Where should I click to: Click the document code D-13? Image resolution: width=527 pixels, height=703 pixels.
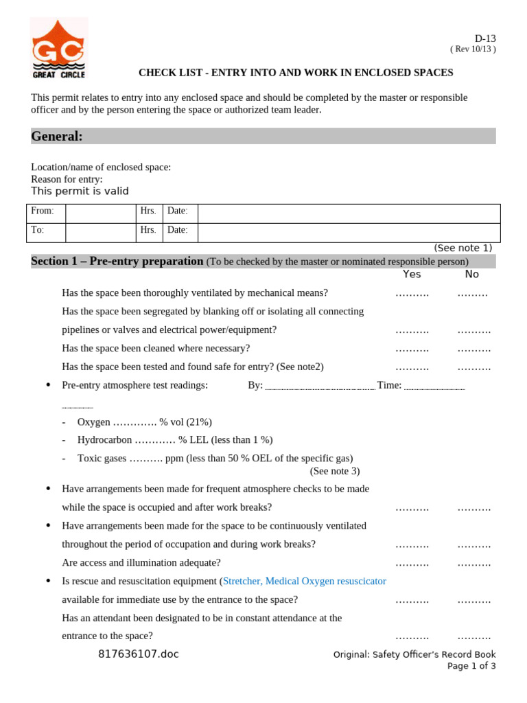pos(484,38)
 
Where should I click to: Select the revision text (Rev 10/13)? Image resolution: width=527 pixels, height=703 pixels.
pos(473,49)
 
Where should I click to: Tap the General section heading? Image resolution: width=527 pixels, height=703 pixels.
pos(57,137)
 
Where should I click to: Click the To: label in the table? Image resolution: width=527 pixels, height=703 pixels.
pos(37,230)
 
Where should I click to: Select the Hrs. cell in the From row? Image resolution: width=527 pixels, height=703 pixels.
pos(148,211)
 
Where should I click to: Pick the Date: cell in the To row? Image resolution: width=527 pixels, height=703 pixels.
pos(177,230)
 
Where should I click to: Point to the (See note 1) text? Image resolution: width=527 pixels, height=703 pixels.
pos(462,248)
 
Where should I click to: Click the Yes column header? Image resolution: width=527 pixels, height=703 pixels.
pos(412,274)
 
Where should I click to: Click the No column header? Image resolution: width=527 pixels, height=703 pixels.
pos(472,274)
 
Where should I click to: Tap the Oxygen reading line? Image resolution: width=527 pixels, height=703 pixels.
pos(144,422)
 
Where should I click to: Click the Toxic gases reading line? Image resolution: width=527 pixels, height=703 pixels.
pos(215,458)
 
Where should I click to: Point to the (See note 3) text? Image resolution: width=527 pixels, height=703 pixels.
pos(334,471)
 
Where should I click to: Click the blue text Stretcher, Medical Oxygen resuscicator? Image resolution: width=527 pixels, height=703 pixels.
pos(305,581)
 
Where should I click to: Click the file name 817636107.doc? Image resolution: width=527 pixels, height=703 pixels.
pos(138,654)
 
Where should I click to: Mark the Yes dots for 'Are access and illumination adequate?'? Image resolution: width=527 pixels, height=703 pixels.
pos(412,564)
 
